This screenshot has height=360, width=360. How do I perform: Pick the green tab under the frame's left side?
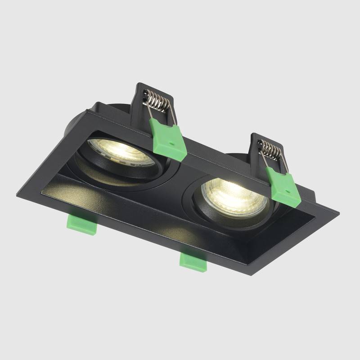point(82,224)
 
